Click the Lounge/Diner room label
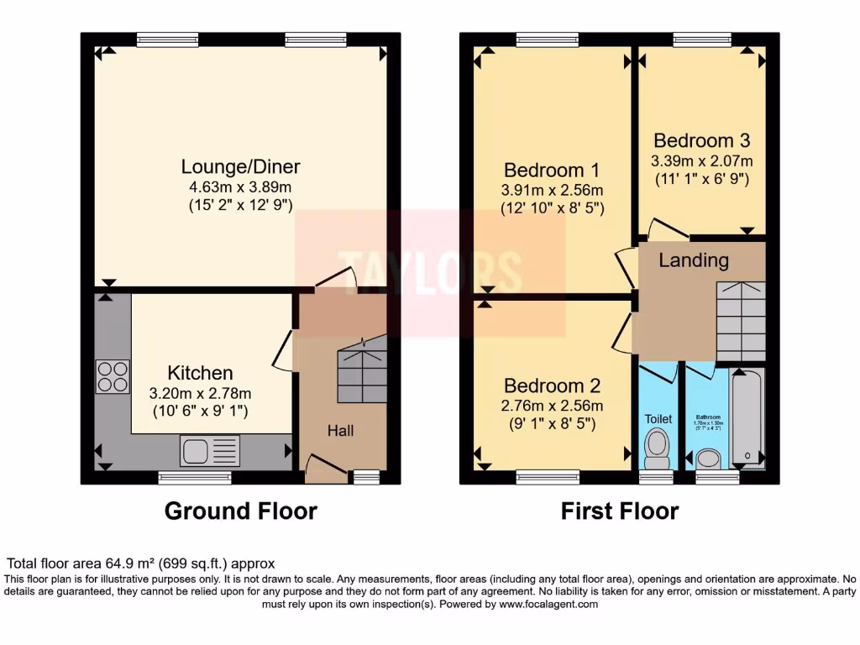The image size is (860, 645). [240, 166]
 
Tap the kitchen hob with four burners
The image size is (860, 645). [113, 376]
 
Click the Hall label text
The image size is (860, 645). [340, 431]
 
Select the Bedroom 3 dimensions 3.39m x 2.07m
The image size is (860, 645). [701, 160]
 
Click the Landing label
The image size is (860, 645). [693, 260]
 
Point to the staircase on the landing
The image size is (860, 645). [741, 321]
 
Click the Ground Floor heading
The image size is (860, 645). [240, 511]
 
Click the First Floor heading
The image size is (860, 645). [620, 511]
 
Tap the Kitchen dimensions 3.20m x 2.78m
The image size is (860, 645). [200, 393]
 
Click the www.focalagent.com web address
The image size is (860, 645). [548, 604]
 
